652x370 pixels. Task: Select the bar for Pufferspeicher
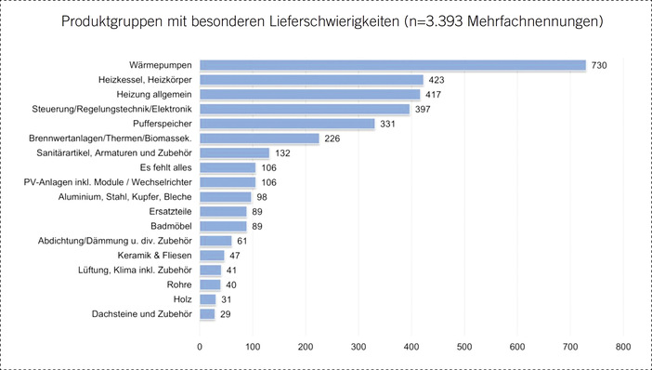pyautogui.click(x=287, y=124)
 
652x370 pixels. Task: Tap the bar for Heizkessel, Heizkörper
pyautogui.click(x=311, y=80)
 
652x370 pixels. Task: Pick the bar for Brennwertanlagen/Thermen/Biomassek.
pyautogui.click(x=259, y=139)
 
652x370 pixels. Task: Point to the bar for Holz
pyautogui.click(x=207, y=299)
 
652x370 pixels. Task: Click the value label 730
pyautogui.click(x=600, y=65)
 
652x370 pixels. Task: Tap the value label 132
pyautogui.click(x=283, y=153)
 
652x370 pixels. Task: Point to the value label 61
pyautogui.click(x=242, y=241)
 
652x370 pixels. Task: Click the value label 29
pyautogui.click(x=226, y=314)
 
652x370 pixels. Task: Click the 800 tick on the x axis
pyautogui.click(x=622, y=346)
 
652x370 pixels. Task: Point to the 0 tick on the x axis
pyautogui.click(x=200, y=346)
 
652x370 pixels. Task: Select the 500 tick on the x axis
pyautogui.click(x=463, y=346)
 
